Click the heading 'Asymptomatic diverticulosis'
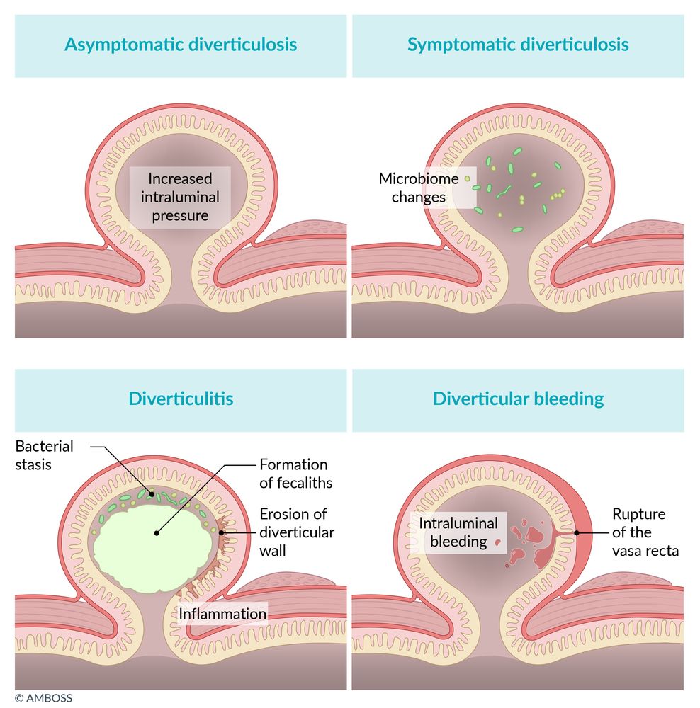(x=181, y=45)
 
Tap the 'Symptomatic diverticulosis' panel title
(x=518, y=45)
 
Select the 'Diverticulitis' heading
(x=181, y=399)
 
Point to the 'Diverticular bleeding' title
(x=518, y=399)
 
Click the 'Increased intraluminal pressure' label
(x=179, y=197)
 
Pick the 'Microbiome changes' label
(x=418, y=188)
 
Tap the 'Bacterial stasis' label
(x=44, y=455)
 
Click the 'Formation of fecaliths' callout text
(x=293, y=474)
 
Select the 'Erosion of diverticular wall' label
(x=297, y=532)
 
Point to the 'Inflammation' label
(x=222, y=613)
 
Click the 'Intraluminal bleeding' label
(x=458, y=532)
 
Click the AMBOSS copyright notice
(x=43, y=698)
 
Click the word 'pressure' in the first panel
(x=179, y=215)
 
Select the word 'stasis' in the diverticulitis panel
(x=33, y=465)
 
